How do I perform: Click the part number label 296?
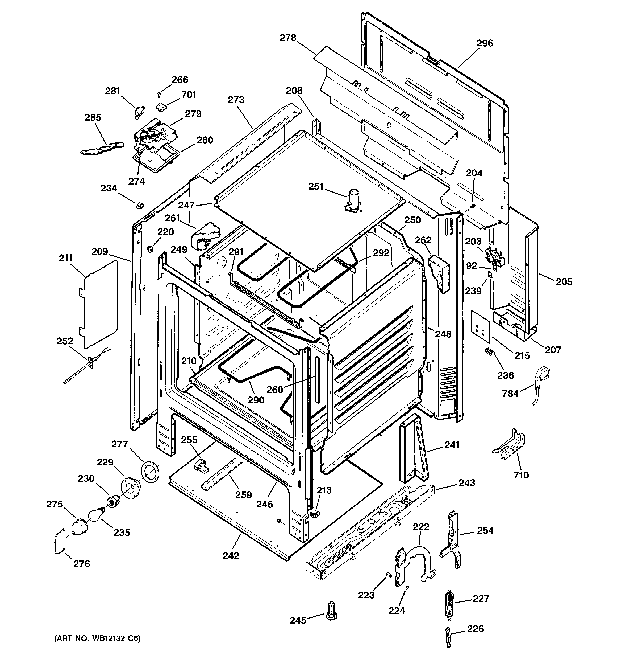coord(485,43)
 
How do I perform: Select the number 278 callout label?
coord(288,38)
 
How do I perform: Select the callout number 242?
coord(231,555)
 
